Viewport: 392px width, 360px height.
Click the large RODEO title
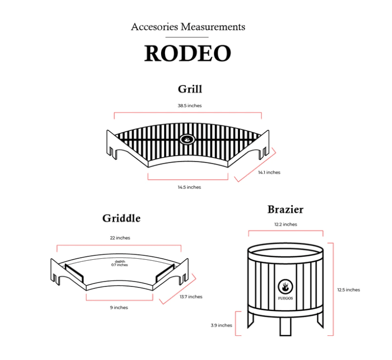point(188,53)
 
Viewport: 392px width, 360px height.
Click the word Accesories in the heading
point(154,27)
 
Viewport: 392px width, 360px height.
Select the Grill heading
point(190,89)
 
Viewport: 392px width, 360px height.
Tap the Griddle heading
point(121,218)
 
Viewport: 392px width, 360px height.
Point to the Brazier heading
point(285,209)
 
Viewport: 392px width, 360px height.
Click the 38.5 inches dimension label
point(190,106)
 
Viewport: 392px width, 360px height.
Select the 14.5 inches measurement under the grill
point(189,187)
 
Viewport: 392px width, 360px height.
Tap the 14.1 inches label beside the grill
point(269,172)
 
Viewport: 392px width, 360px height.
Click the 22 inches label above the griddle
point(120,238)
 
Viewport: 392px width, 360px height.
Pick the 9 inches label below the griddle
point(119,308)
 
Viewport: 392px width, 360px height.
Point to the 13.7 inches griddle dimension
point(191,297)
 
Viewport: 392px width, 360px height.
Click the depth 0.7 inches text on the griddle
point(119,263)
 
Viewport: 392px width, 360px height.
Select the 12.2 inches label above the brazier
point(286,225)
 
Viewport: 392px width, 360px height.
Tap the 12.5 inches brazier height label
point(349,290)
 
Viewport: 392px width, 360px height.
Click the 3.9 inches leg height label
point(221,325)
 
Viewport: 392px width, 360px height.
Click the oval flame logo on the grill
point(187,139)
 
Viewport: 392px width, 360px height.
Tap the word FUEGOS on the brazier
point(285,298)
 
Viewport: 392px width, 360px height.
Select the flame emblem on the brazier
point(285,286)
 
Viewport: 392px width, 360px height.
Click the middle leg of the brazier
point(285,326)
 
